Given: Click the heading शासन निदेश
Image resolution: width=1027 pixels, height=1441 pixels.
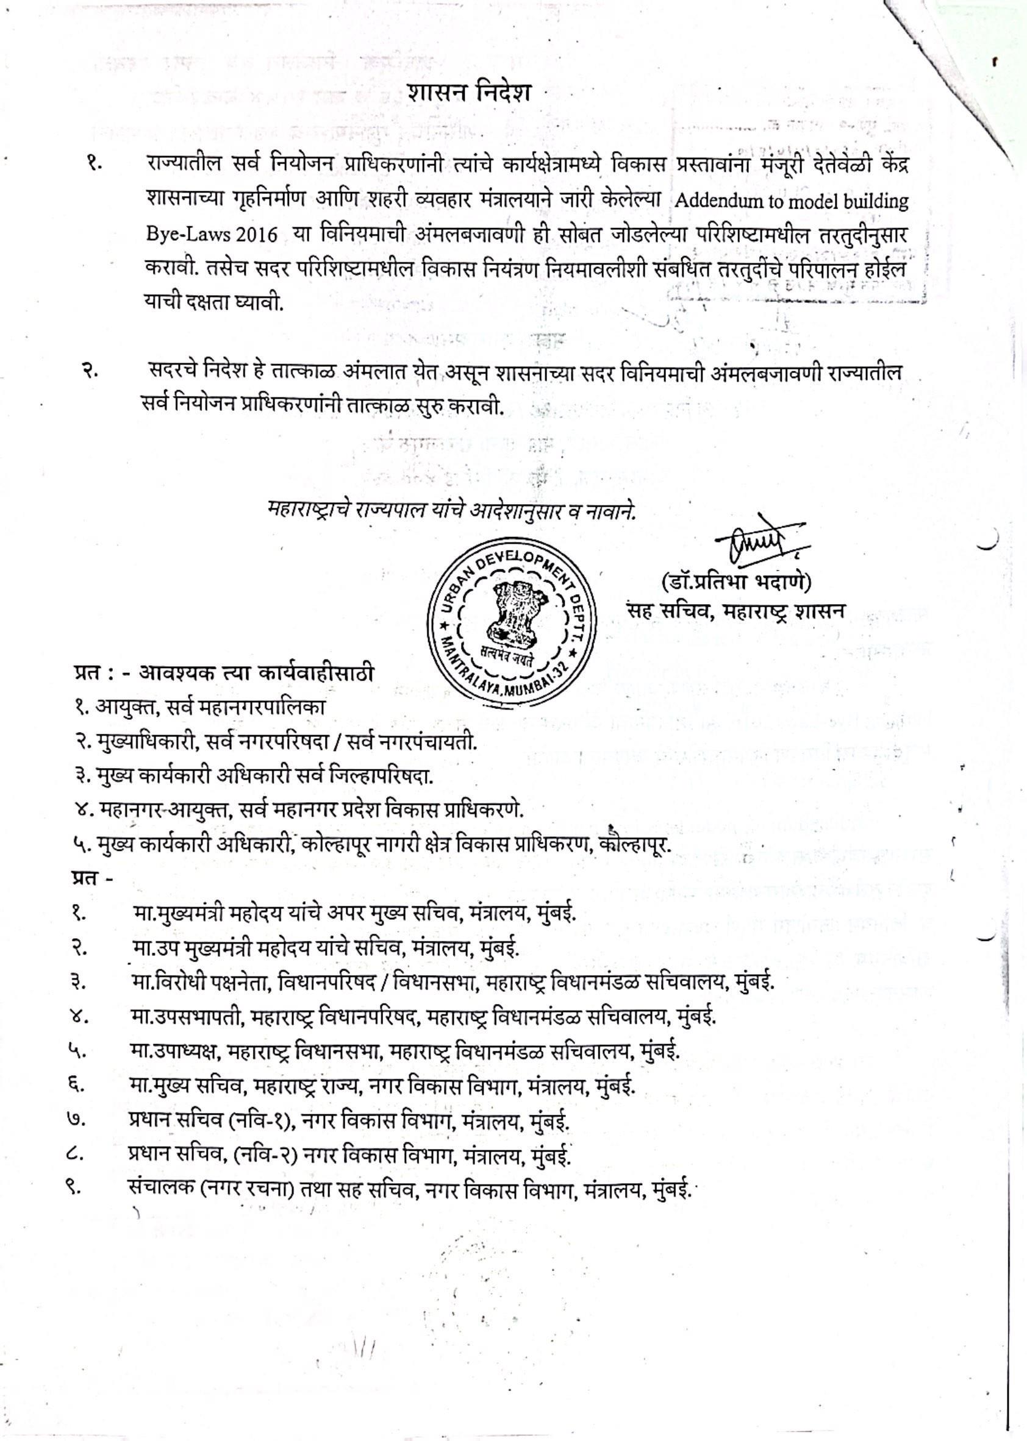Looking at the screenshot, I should click(468, 92).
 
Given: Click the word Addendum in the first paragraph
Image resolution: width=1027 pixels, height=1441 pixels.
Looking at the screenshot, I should click(707, 202).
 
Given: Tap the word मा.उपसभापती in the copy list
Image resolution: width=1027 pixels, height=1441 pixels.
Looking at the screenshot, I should click(184, 1207).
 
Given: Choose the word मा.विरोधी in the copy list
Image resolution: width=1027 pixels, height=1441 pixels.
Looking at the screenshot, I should click(168, 1173).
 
